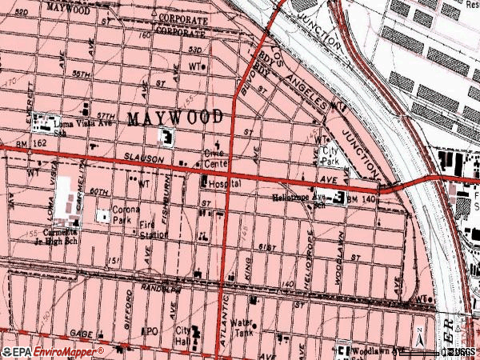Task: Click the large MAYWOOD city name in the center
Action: coord(174,118)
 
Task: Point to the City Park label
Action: coord(330,155)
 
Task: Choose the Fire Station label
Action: coord(153,231)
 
